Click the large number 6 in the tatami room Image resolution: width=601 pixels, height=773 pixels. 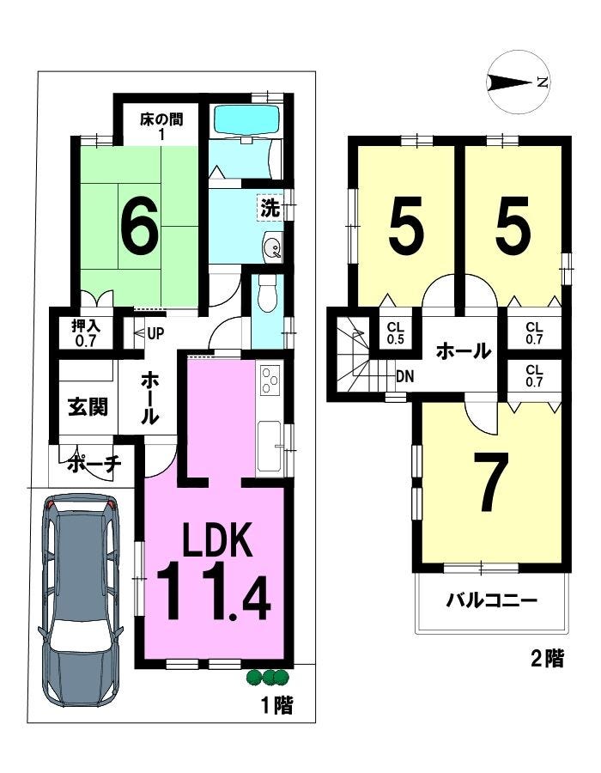pos(141,224)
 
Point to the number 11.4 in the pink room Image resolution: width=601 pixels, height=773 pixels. pos(214,592)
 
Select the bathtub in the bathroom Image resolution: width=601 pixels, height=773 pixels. pos(248,119)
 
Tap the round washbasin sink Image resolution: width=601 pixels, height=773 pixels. pos(272,246)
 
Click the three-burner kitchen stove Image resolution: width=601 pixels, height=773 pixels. pos(270,380)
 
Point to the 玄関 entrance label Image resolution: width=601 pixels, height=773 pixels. pos(88,407)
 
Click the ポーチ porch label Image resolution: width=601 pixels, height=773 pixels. pos(94,464)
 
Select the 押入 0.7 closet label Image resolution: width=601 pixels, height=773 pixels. pos(86,333)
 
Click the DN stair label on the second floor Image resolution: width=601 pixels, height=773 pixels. pos(405,377)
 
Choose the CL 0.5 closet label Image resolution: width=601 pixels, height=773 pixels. pos(396,332)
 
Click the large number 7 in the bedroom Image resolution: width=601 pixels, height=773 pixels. pos(490,481)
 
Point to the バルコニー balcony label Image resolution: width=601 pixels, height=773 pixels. pos(491,601)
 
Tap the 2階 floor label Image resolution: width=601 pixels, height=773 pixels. pos(547,659)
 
